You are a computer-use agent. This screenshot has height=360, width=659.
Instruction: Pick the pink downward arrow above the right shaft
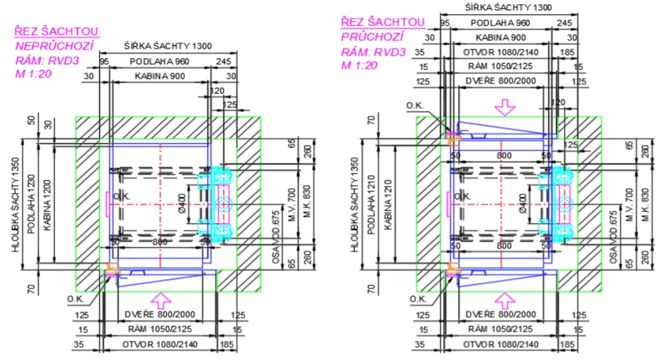click(504, 107)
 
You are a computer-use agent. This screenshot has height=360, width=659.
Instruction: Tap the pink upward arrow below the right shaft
click(504, 298)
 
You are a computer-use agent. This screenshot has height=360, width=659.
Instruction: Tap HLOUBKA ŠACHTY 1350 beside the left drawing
click(16, 205)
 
